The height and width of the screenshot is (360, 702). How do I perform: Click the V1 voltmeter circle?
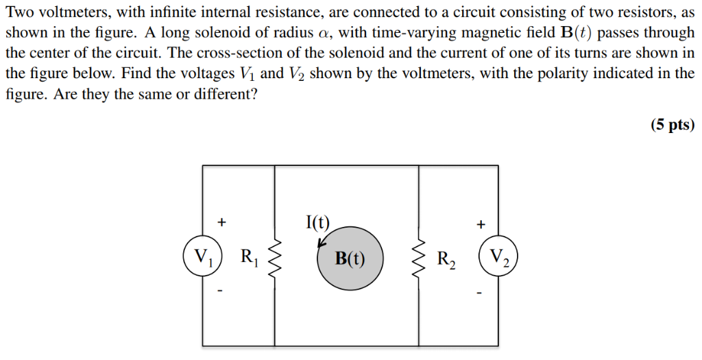click(202, 258)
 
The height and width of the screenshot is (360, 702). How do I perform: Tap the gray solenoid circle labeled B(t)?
click(350, 259)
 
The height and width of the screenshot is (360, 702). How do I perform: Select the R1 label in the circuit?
click(250, 258)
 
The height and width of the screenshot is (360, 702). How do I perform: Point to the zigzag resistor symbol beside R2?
click(419, 259)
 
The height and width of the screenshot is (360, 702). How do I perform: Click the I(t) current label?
click(317, 221)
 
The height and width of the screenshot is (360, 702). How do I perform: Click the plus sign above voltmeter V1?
click(221, 222)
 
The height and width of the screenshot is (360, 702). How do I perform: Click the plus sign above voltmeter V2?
click(481, 224)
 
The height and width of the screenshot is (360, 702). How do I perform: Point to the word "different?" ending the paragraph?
click(226, 95)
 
